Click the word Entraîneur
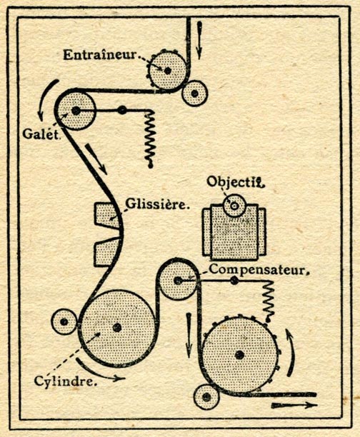point(100,55)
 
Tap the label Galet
point(41,134)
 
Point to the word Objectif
point(235,182)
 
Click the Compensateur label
point(259,269)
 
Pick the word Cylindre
point(66,381)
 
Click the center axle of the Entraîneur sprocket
point(168,71)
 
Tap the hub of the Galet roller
point(76,111)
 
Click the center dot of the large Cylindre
point(117,328)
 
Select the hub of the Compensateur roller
point(178,281)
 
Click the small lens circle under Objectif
point(234,206)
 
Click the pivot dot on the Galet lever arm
point(122,111)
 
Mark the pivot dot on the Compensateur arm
point(234,281)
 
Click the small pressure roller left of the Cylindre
point(64,322)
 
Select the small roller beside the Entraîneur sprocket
point(195,94)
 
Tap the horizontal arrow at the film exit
point(294,405)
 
